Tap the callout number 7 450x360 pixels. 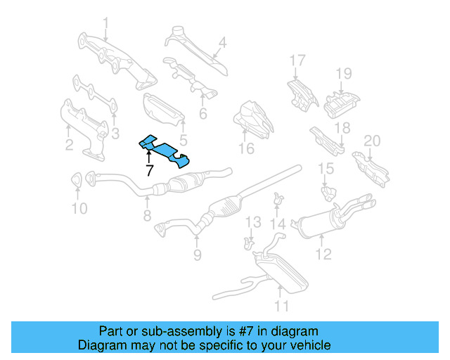click(x=149, y=170)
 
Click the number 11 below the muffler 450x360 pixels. click(x=281, y=306)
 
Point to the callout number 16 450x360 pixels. click(x=245, y=148)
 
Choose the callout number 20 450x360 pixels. click(x=371, y=141)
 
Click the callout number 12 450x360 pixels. click(x=323, y=254)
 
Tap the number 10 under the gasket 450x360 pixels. click(x=79, y=208)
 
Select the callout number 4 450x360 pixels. click(x=221, y=44)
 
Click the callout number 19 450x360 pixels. click(x=342, y=73)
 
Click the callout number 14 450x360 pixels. click(x=279, y=224)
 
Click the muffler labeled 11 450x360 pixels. click(x=278, y=271)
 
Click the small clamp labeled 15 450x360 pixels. click(x=326, y=190)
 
